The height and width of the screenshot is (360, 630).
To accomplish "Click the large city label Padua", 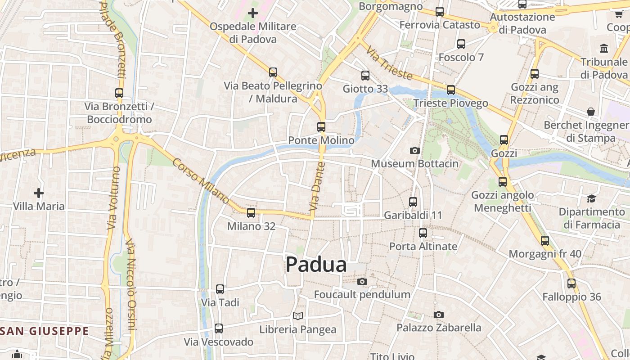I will click(x=316, y=265).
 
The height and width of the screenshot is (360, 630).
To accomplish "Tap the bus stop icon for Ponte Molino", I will click(x=321, y=127).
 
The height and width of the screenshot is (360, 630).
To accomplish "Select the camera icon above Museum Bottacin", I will click(x=415, y=150).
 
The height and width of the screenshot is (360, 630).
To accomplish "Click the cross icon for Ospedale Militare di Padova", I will click(x=253, y=13).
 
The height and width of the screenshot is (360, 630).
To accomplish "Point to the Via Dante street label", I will click(x=317, y=193).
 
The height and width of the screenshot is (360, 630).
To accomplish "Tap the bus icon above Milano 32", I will click(x=251, y=212).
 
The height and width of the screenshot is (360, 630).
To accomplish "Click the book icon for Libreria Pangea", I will click(x=298, y=316).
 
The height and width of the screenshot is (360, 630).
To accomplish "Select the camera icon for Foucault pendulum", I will click(x=362, y=282).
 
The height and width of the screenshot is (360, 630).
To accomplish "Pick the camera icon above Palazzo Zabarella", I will click(x=439, y=315).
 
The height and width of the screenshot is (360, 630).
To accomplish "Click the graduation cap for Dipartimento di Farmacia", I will click(x=591, y=198).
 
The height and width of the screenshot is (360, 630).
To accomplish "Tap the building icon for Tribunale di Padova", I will click(x=604, y=48).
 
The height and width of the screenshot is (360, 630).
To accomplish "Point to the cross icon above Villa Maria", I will click(x=39, y=193).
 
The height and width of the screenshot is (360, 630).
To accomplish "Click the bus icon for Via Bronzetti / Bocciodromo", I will click(x=119, y=93).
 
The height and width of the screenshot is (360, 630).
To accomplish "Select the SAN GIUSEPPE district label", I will click(x=45, y=331).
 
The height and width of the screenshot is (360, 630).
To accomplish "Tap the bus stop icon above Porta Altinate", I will click(x=423, y=233).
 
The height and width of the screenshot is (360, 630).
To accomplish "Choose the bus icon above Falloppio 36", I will click(x=571, y=283).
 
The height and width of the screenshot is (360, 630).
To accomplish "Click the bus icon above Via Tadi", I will click(x=220, y=289).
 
